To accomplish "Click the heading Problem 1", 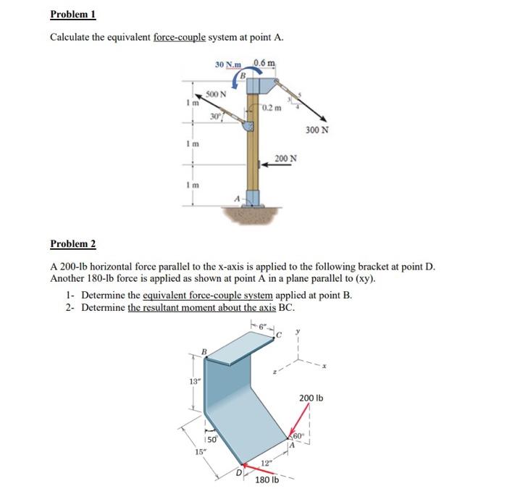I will point(73,14).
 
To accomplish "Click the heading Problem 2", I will point(73,244).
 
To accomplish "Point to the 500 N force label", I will point(216,94).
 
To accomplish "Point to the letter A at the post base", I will point(236,198).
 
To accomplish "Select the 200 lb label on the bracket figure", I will point(311,398).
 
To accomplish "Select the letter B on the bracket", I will point(204,352).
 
